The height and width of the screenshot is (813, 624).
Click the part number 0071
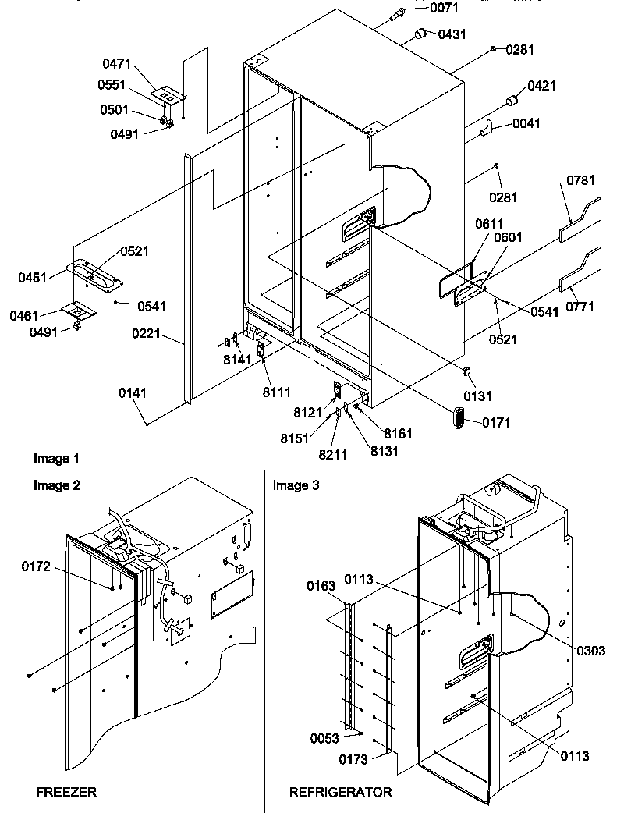tap(443, 8)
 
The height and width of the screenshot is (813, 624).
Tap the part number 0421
tap(541, 87)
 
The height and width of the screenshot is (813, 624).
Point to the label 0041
tap(528, 123)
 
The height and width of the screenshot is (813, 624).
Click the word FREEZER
tap(66, 792)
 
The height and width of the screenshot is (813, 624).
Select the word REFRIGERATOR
tap(341, 792)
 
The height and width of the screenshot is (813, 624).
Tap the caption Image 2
tap(57, 485)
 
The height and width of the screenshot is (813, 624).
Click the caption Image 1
tap(57, 458)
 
